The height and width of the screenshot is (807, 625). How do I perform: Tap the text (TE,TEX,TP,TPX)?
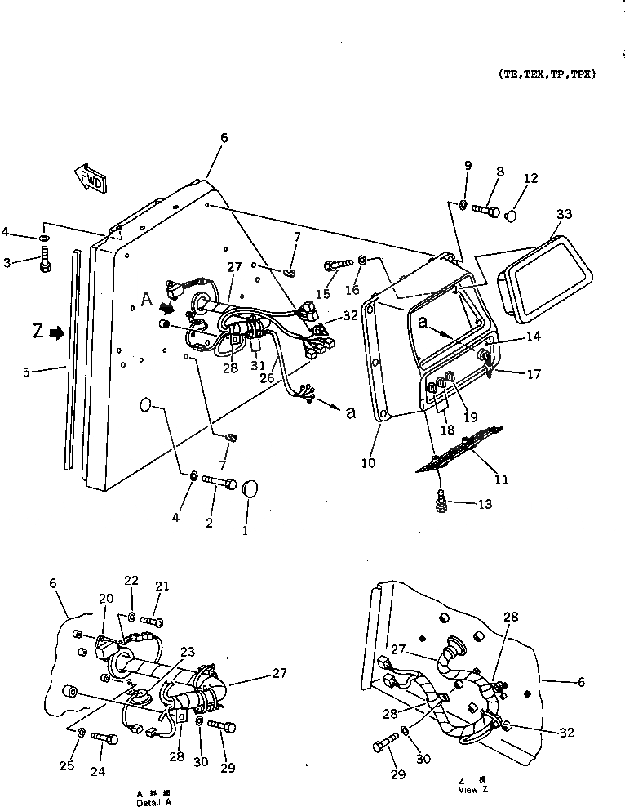pos(547,74)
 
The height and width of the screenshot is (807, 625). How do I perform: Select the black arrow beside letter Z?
pos(58,332)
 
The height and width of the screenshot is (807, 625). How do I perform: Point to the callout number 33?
pos(564,216)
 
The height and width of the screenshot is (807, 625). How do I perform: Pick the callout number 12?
pos(531,179)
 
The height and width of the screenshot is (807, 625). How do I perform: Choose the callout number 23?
pos(188,651)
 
